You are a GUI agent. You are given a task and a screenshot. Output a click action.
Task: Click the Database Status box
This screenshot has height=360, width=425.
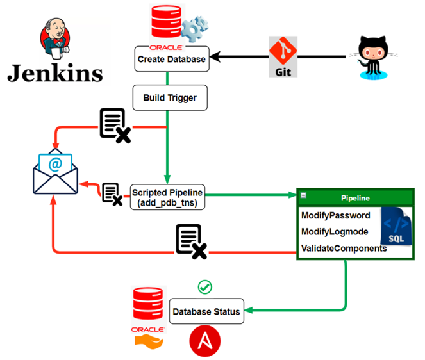pos(207,312)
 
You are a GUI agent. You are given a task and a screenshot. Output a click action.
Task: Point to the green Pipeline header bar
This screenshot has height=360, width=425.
pos(355,198)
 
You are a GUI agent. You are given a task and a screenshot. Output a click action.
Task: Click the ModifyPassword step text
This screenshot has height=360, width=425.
pos(336,216)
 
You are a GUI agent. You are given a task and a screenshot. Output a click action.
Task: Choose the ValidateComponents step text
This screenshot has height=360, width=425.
pos(344,248)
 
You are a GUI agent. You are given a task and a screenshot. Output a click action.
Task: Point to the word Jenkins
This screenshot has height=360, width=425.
pos(55,72)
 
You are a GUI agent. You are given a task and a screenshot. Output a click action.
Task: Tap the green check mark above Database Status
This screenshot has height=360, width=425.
pos(205,286)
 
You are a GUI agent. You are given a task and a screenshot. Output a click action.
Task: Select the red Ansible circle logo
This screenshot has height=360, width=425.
pos(205,340)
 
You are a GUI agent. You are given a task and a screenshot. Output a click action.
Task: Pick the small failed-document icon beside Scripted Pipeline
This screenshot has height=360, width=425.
pos(112,193)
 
